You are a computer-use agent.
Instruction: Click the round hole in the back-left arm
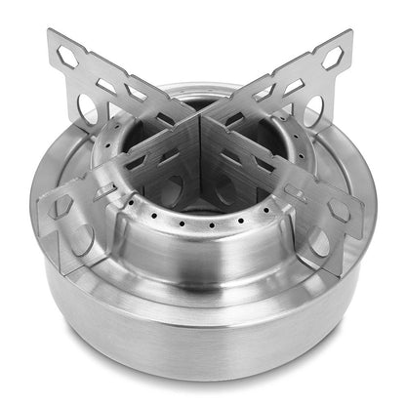click(89, 109)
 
